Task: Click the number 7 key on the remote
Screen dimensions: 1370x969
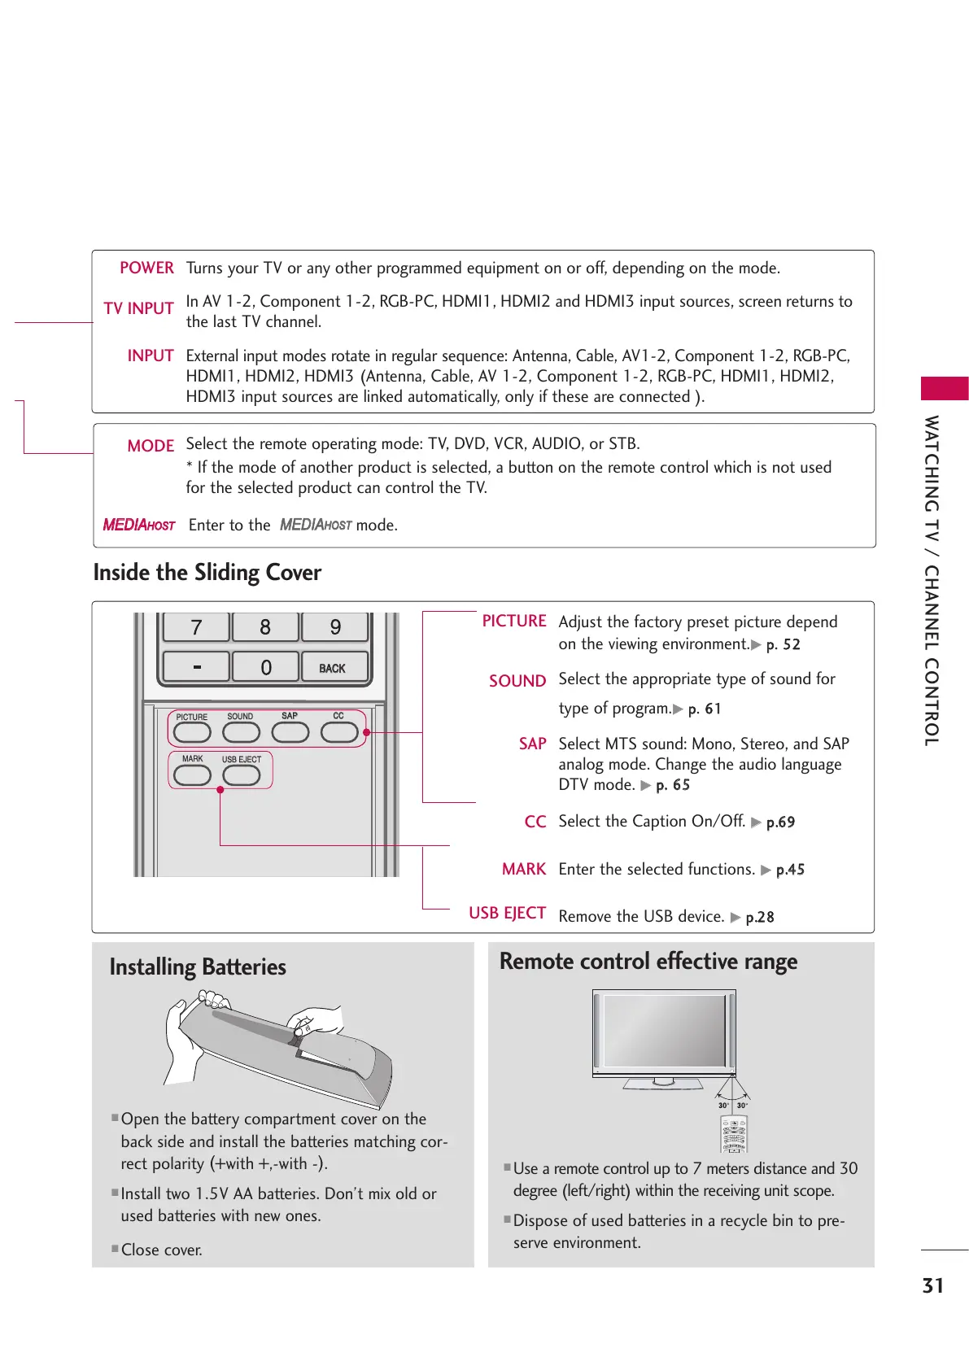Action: point(196,627)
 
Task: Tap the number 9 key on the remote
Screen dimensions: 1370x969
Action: point(335,627)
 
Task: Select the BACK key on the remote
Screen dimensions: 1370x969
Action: point(333,668)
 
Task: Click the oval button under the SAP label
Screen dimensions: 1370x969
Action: point(290,732)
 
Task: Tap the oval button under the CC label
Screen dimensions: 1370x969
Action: point(339,732)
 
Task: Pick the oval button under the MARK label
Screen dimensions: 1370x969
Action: point(193,775)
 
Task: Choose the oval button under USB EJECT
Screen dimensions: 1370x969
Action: point(242,775)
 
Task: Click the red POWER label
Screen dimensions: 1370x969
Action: point(146,268)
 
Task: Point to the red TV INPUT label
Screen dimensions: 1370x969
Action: point(139,309)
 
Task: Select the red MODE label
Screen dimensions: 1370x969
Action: point(151,447)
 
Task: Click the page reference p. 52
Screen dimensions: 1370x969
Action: point(783,645)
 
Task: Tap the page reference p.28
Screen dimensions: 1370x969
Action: point(760,918)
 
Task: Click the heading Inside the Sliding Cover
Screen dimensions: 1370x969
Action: point(207,573)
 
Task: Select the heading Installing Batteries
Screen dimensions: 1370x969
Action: point(198,967)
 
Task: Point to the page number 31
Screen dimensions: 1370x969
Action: point(933,1286)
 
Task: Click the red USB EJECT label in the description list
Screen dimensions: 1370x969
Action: point(507,914)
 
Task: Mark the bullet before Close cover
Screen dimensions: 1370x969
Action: point(115,1249)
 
